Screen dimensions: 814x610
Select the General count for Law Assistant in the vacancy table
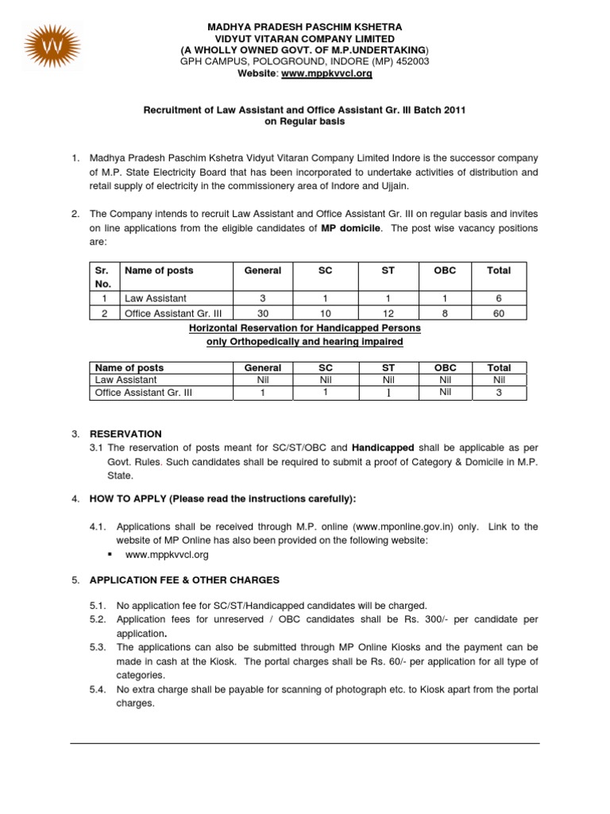coord(262,298)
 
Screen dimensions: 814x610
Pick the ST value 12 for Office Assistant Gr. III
coord(388,313)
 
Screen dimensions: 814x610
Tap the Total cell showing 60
coord(498,313)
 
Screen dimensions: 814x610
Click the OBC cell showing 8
coord(446,313)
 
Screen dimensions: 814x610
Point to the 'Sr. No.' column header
coord(103,277)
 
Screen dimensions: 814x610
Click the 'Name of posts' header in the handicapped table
coord(129,368)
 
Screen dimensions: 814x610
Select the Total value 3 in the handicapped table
coord(498,392)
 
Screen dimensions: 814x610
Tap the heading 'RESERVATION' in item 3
coord(125,434)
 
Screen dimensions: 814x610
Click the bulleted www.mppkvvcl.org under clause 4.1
coord(167,555)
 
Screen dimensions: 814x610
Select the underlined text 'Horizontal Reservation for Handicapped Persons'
coord(305,328)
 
